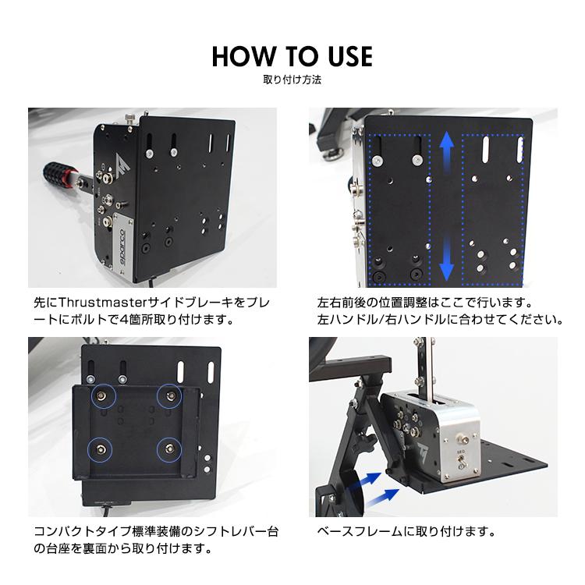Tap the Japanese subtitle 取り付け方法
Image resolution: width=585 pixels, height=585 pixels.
click(292, 80)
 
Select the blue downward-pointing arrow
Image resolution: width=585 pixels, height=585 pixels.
click(446, 261)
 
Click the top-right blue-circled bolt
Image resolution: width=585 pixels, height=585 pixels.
click(170, 396)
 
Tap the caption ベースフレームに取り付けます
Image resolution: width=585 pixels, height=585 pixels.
click(406, 532)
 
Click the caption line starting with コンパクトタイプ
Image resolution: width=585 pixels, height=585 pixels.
click(156, 532)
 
